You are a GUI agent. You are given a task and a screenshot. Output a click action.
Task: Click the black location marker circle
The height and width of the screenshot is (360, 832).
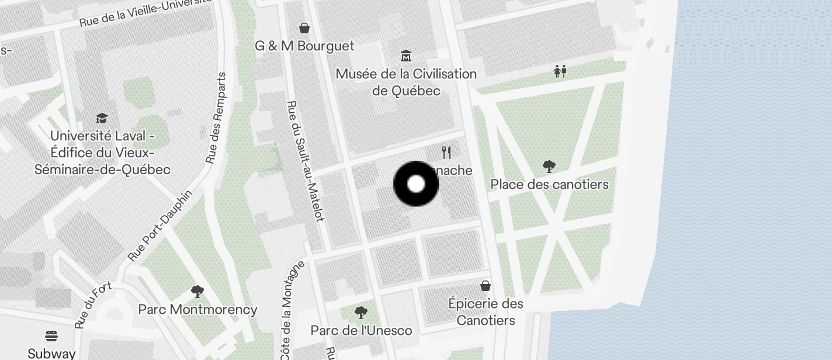(x=416, y=184)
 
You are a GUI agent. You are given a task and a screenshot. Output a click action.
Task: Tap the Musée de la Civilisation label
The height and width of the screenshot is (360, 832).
(x=406, y=82)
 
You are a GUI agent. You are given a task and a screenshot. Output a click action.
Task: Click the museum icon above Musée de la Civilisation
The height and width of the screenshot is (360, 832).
(x=406, y=56)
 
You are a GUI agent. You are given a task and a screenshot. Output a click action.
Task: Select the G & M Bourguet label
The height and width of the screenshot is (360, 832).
(x=304, y=46)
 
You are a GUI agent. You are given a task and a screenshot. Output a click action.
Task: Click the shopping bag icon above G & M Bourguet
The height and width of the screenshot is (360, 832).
(x=304, y=28)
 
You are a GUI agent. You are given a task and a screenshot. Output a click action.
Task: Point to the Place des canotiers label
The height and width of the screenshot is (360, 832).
(x=549, y=185)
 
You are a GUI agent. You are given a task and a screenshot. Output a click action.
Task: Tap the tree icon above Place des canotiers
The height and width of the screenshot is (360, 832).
(x=549, y=167)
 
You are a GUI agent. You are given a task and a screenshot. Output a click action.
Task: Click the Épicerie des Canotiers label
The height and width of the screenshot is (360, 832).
(x=486, y=312)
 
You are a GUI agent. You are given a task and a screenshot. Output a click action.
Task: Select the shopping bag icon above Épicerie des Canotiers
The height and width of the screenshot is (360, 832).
(x=486, y=286)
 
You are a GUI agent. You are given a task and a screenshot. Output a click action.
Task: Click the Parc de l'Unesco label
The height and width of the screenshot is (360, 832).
(x=361, y=331)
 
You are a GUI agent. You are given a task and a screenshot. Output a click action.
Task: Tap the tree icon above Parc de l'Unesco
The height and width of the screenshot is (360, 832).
(x=361, y=313)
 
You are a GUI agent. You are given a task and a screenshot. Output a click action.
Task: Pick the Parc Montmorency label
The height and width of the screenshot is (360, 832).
(x=197, y=310)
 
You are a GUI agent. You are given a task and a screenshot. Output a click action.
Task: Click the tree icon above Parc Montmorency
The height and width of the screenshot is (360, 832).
(x=197, y=291)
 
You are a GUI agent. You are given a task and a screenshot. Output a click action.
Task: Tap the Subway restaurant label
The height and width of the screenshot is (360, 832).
(x=51, y=354)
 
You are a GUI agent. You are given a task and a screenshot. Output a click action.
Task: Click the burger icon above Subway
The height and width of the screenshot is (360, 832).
(x=51, y=336)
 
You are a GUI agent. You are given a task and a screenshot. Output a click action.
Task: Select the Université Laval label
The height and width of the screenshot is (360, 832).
(x=102, y=153)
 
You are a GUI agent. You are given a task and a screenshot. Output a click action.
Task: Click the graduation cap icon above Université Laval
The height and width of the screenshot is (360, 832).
(x=102, y=119)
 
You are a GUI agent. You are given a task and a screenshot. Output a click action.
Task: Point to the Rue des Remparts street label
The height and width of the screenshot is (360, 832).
(x=216, y=118)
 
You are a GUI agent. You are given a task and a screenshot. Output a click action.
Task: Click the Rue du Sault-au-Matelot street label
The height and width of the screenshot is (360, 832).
(x=305, y=161)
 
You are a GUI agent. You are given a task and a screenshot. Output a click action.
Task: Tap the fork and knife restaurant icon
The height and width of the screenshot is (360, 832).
(x=447, y=153)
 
